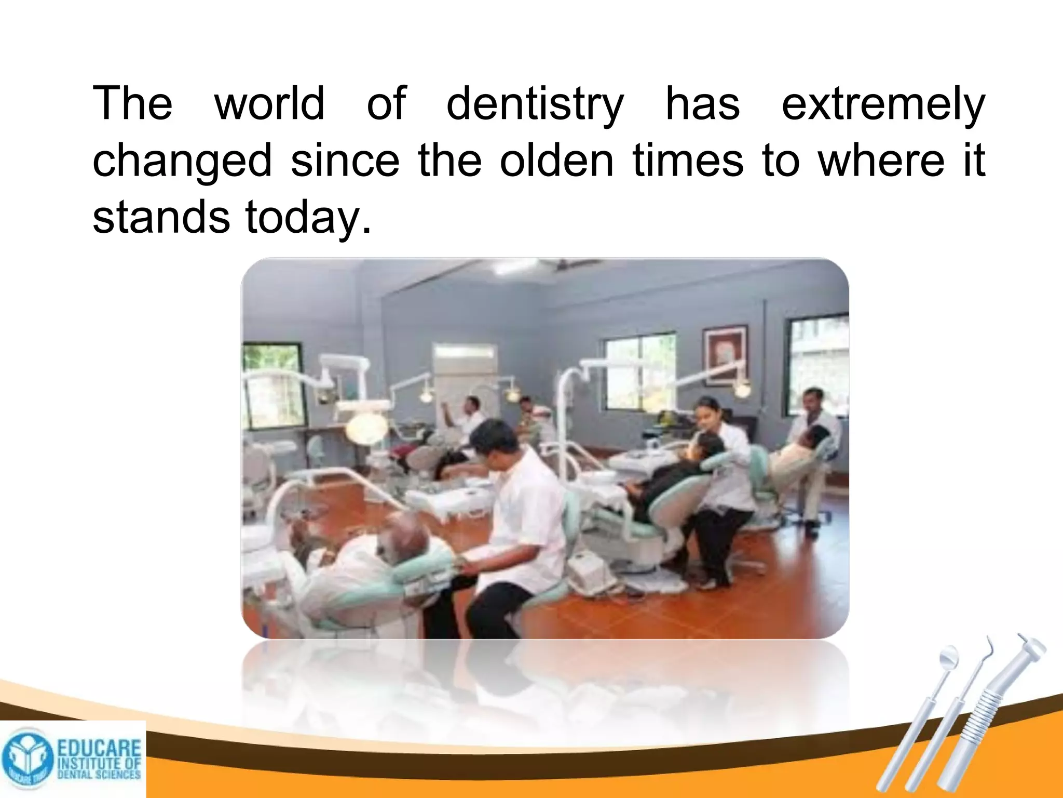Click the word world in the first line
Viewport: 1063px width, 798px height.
pyautogui.click(x=269, y=103)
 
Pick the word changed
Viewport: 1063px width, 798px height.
pyautogui.click(x=182, y=161)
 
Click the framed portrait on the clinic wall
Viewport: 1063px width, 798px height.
pyautogui.click(x=725, y=355)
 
